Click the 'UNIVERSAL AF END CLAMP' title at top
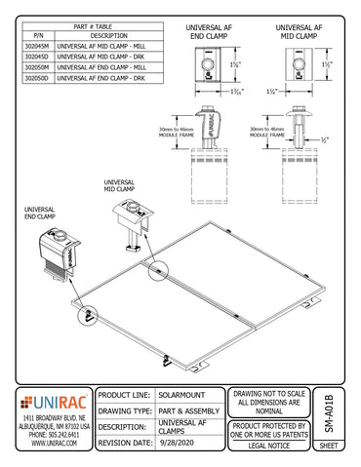point(212,30)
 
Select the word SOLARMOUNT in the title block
point(184,396)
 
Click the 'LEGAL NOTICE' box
point(269,444)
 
